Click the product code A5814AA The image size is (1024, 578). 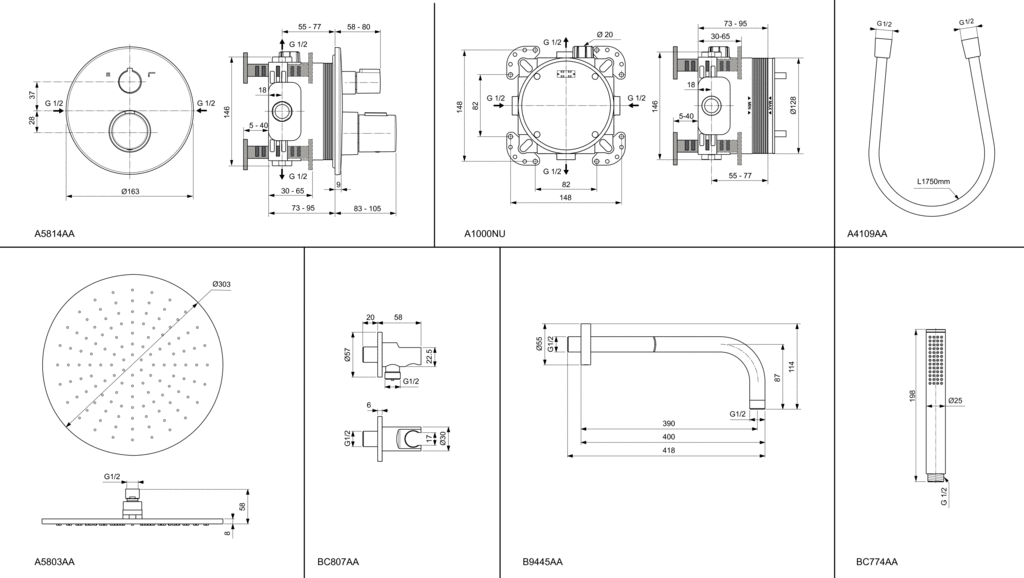[55, 234]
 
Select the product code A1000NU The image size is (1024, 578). [485, 234]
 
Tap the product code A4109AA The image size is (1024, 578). [867, 234]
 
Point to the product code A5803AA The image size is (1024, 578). [55, 562]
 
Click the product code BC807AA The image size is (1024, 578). [338, 562]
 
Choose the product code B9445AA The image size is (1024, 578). [542, 562]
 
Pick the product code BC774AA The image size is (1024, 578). [877, 562]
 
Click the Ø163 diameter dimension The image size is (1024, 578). [130, 190]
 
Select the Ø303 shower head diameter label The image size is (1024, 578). [221, 285]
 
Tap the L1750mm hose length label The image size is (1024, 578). [934, 182]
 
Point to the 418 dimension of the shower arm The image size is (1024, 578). [668, 451]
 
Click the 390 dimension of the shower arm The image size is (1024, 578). [668, 423]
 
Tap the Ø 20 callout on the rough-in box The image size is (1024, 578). [604, 35]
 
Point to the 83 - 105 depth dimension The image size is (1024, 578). [368, 208]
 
